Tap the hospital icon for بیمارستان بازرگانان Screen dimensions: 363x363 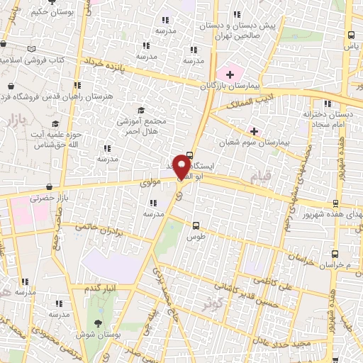pyautogui.click(x=230, y=74)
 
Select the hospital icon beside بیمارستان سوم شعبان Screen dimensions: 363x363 pyautogui.click(x=254, y=131)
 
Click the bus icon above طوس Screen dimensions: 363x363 pyautogui.click(x=195, y=225)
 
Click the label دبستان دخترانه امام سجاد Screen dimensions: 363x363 pyautogui.click(x=327, y=118)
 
